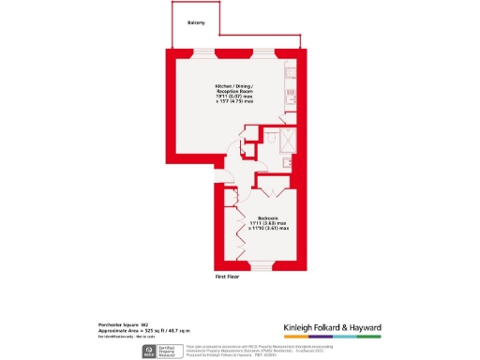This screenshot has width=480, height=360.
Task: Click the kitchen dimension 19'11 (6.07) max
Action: [x=235, y=96]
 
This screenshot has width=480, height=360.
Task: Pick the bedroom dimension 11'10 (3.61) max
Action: [x=266, y=228]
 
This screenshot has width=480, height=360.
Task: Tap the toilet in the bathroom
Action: [x=272, y=138]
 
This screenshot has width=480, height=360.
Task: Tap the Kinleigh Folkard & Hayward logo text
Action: [x=333, y=327]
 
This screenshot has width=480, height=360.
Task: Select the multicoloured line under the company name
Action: [x=333, y=336]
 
